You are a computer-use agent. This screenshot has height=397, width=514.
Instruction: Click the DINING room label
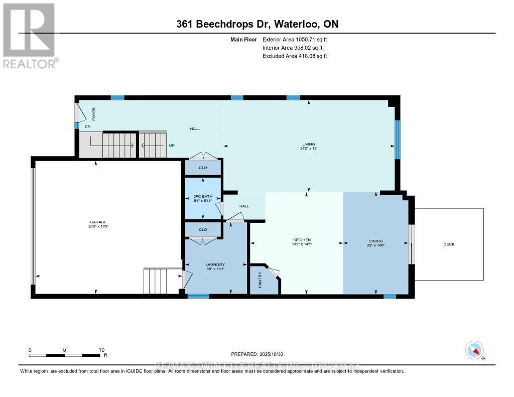point(376,242)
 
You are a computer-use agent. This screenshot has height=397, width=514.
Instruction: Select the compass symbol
point(474,349)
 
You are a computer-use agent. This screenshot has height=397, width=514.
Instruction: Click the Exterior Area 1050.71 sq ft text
point(295,39)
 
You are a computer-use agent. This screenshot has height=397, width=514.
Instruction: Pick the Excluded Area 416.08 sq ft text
point(295,56)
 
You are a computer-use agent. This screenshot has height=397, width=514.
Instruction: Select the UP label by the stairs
point(172,146)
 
